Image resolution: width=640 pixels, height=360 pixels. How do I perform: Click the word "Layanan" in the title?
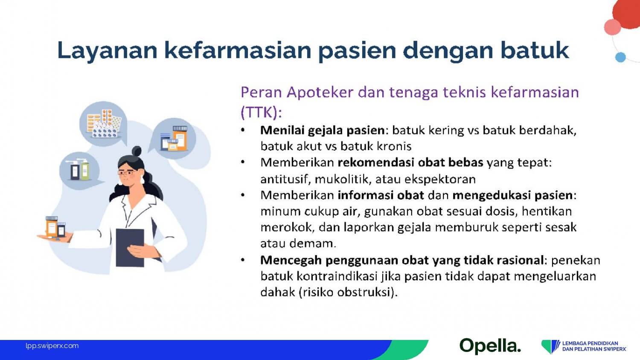107,51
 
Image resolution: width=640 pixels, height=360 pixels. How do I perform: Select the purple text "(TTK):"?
261,112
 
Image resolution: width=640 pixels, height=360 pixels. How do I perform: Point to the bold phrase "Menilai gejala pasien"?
323,131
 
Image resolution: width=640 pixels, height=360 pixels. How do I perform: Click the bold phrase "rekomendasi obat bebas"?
410,163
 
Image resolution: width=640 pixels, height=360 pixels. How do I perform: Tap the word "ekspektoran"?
440,180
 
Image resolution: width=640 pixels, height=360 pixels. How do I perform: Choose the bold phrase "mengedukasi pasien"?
512,195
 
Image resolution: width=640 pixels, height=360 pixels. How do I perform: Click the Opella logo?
490,346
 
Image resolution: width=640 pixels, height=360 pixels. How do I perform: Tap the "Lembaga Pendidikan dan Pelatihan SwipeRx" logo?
583,346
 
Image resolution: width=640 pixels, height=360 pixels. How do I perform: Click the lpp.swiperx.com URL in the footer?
52,346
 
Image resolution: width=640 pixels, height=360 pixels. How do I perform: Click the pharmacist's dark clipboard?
130,248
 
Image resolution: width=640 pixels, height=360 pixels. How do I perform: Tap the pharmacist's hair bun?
137,151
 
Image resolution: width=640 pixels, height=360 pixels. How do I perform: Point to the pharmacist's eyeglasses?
126,173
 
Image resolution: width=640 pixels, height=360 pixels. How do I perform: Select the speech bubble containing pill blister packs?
103,123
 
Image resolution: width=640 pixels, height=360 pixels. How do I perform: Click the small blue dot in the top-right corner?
620,58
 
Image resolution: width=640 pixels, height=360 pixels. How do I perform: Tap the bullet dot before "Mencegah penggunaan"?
243,260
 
